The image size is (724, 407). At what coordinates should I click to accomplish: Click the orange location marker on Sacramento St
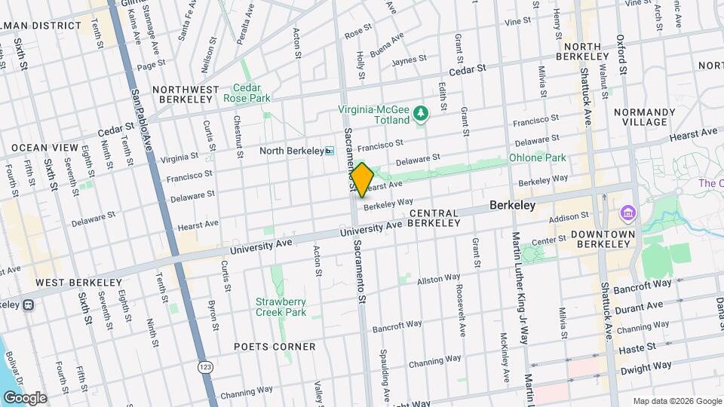362,179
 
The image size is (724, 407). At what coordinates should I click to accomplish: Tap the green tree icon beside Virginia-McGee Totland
421,114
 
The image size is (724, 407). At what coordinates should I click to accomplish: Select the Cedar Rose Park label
247,93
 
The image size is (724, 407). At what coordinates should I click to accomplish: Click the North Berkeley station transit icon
329,151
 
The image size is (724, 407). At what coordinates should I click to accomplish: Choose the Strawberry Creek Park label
281,307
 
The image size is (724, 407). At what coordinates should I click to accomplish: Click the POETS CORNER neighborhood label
275,347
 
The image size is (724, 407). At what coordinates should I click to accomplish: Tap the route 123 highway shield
204,366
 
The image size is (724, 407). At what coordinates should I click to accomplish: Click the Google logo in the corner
25,397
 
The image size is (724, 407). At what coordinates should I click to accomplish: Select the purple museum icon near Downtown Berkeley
627,214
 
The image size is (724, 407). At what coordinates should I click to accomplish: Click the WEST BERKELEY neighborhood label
78,283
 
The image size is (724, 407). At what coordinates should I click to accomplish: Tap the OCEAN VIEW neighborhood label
44,147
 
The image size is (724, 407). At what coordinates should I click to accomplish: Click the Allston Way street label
439,279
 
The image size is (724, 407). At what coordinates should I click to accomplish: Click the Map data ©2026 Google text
676,401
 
